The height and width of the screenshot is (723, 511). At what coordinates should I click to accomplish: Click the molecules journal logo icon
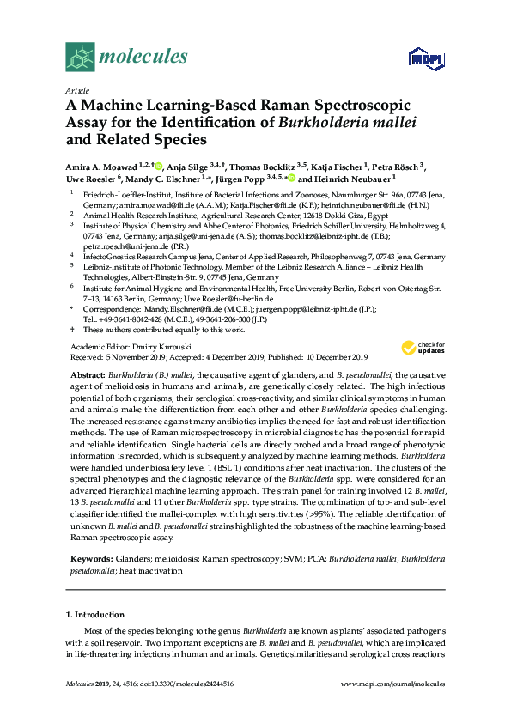80,57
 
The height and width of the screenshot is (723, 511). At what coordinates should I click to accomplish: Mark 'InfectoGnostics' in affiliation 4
109,257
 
